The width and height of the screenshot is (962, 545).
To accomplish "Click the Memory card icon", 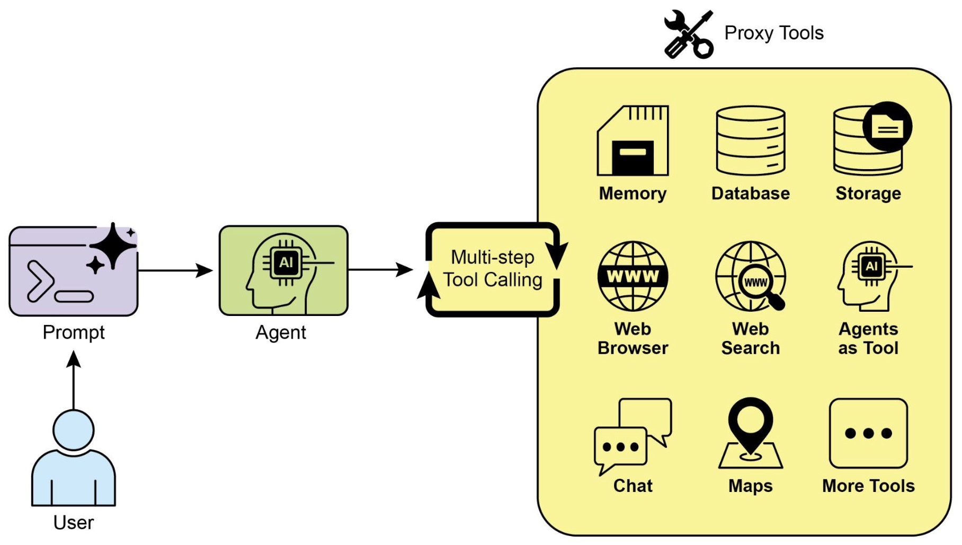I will (x=633, y=140).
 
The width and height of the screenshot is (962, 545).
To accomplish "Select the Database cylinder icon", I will (x=750, y=140).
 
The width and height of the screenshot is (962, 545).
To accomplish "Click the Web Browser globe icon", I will (x=633, y=276).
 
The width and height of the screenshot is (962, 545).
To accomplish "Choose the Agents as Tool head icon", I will (x=869, y=276).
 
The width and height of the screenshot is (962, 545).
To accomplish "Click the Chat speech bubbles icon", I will (x=633, y=436).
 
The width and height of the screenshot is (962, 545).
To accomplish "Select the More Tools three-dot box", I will (x=868, y=433).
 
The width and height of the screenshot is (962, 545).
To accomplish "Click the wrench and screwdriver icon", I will (x=688, y=34).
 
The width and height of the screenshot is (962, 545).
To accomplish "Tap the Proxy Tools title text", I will (x=773, y=33).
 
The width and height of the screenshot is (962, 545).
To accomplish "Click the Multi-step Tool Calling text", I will (x=493, y=269).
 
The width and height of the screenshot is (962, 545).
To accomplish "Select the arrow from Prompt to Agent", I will (x=175, y=270).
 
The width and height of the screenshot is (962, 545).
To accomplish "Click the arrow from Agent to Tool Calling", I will (x=380, y=270).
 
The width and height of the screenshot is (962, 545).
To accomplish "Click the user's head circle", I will (x=74, y=430).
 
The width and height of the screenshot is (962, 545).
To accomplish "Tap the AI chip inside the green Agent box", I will (x=286, y=262).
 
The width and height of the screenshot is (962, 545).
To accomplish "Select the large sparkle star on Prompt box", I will (x=113, y=246).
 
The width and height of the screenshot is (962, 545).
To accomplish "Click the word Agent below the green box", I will (x=281, y=332).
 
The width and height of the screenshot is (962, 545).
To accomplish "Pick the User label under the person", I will (x=74, y=523).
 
